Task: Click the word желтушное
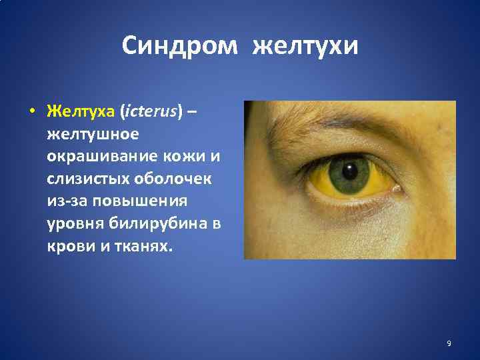click(93, 134)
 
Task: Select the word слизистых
click(87, 179)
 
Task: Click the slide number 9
click(449, 343)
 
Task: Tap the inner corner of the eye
click(397, 189)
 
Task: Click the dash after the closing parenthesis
click(192, 111)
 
